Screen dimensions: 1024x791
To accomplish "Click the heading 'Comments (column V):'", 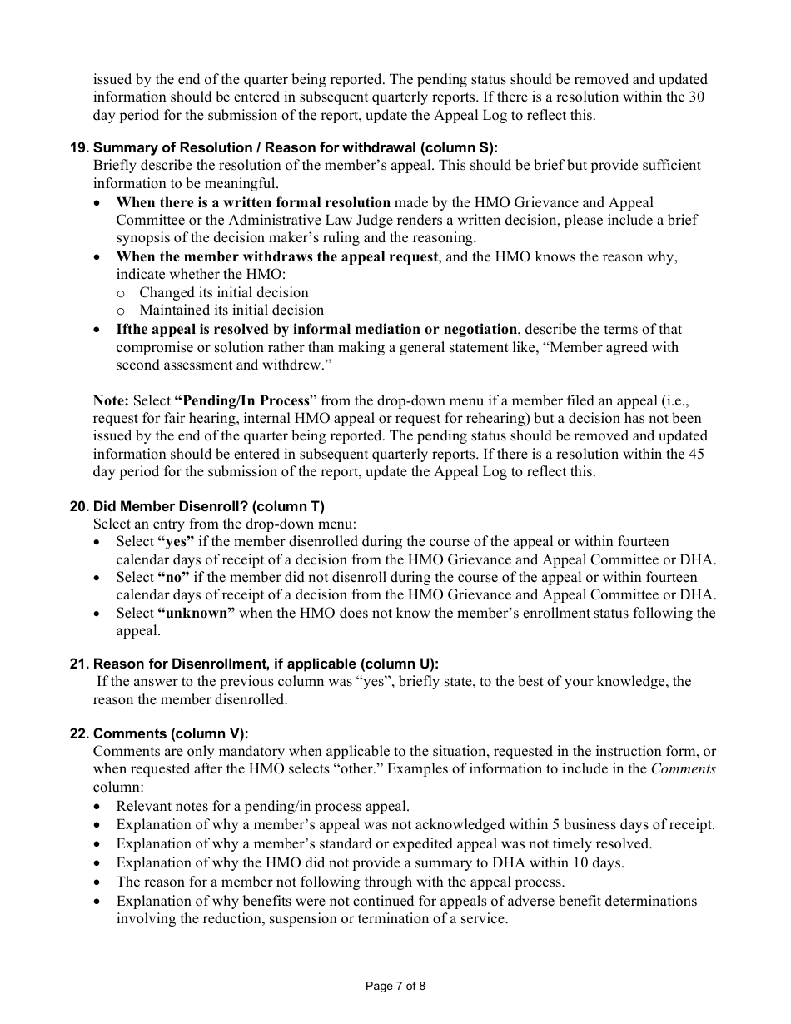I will click(171, 733).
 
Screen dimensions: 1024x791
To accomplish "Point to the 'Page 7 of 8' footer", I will click(395, 987).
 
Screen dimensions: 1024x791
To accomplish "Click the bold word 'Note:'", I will click(111, 400).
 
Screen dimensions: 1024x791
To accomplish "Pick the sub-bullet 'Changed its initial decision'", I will click(224, 292).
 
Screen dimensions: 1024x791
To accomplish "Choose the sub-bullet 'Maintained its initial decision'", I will click(231, 311).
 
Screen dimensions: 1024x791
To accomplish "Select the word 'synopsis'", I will click(142, 238).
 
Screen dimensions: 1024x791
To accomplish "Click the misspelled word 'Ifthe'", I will click(132, 329).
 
